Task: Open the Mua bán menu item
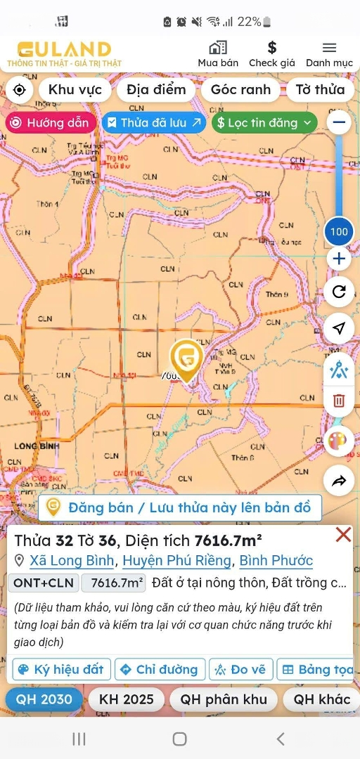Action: (x=218, y=54)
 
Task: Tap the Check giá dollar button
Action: (x=272, y=54)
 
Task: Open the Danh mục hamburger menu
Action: (x=329, y=54)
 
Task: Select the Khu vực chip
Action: (x=75, y=89)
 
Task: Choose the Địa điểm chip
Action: (x=156, y=89)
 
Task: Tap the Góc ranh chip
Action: (x=240, y=89)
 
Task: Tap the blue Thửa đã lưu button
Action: (x=154, y=122)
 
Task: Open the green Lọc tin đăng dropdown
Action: (x=264, y=122)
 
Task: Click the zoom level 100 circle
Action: (x=339, y=231)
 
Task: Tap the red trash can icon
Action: (x=339, y=401)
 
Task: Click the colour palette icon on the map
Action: (x=339, y=441)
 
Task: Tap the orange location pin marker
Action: (x=186, y=357)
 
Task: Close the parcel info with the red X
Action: (x=343, y=535)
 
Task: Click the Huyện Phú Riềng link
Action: (x=176, y=561)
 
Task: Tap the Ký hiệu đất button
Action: (x=62, y=669)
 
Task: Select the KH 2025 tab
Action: (x=127, y=699)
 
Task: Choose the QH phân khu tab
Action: (x=224, y=699)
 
